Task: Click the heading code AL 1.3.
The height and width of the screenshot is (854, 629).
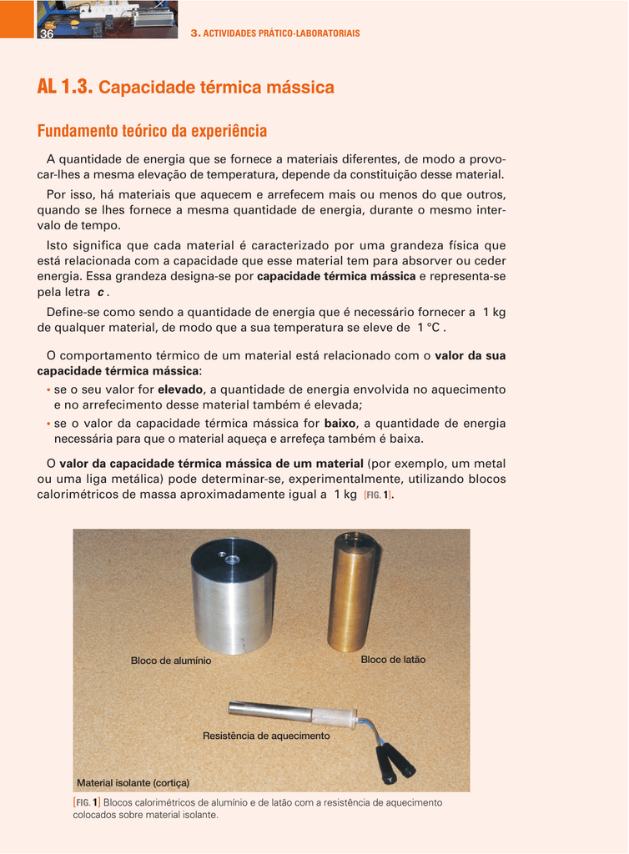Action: (65, 87)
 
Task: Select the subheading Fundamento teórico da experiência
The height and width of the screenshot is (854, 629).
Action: (152, 131)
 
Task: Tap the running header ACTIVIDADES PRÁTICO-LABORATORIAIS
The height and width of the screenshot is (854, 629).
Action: (280, 33)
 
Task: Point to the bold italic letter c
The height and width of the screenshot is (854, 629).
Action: (101, 293)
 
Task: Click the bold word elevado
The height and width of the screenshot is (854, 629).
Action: (180, 389)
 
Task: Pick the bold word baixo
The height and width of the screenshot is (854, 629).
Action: (340, 424)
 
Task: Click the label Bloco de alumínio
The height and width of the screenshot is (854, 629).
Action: (171, 661)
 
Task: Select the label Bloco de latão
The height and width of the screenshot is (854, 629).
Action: (393, 660)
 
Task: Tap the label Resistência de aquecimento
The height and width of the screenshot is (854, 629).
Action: (266, 736)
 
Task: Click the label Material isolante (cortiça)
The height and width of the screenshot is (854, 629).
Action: (133, 783)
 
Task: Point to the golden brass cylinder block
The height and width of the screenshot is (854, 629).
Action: (353, 594)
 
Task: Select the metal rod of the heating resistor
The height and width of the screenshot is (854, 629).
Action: (269, 711)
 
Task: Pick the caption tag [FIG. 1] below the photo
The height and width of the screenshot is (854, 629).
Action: (87, 802)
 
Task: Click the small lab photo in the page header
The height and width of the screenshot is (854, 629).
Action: (107, 19)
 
